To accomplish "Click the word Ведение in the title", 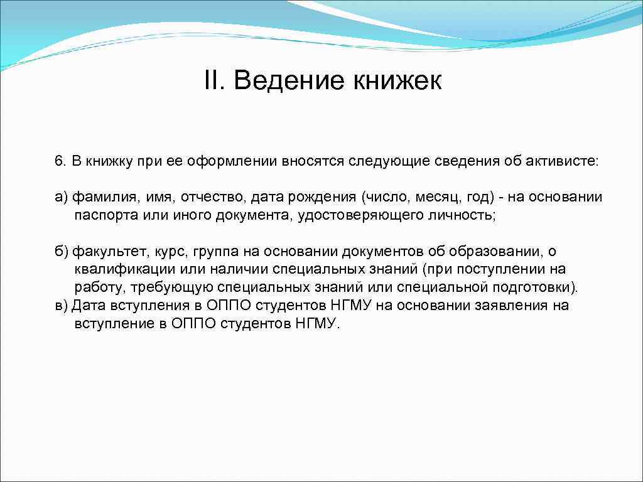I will tap(288, 81).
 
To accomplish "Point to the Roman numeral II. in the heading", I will tap(215, 81).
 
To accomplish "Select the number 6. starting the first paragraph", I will tap(60, 161).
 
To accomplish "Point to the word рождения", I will tap(323, 198).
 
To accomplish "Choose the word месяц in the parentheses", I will tap(438, 198).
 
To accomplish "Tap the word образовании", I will tap(491, 252).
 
